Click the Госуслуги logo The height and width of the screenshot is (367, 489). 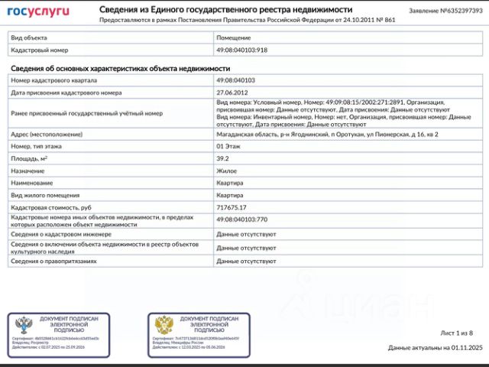[38, 11]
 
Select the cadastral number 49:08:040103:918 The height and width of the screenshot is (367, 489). [241, 50]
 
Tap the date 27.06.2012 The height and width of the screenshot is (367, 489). [233, 92]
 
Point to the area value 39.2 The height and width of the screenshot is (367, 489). [223, 158]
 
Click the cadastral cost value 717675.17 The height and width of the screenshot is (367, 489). [232, 207]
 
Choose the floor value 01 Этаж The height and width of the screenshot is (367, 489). [231, 146]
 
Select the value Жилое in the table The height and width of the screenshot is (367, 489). [226, 171]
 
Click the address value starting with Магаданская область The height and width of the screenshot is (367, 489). [327, 135]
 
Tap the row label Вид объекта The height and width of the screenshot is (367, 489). [29, 37]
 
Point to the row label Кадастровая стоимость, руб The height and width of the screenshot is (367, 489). [51, 207]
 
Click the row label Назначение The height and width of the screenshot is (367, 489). [28, 171]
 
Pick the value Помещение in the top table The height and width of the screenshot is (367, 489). [234, 37]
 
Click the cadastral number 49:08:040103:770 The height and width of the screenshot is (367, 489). [242, 219]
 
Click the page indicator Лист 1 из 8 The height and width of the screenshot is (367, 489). [456, 333]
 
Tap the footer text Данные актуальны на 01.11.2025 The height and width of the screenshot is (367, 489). [435, 348]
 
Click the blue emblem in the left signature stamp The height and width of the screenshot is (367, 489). [22, 325]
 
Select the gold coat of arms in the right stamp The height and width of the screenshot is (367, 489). [164, 325]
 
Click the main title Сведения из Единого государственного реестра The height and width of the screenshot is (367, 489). [225, 9]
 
